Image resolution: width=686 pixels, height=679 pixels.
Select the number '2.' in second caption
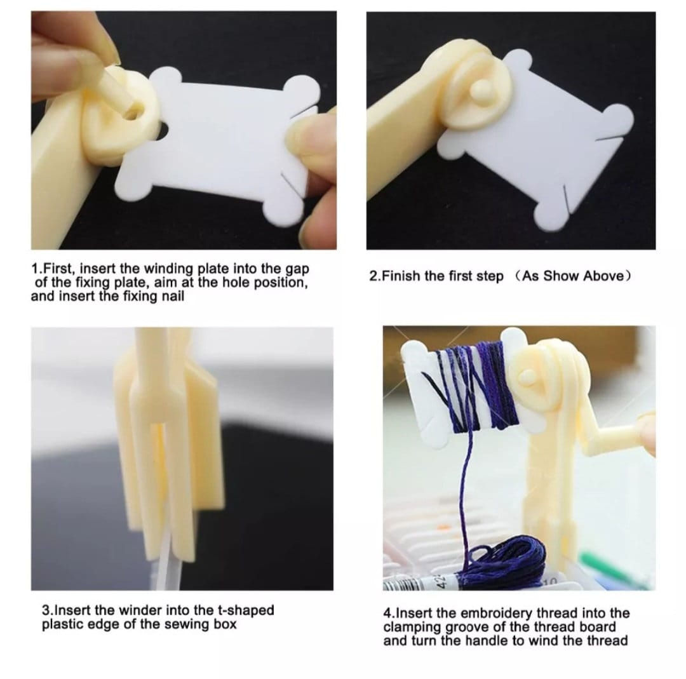tap(375, 277)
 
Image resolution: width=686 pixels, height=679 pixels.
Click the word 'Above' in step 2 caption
tap(602, 277)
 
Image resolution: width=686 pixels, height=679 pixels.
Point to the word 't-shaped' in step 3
tap(248, 610)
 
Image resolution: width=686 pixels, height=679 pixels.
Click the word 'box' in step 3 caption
tap(224, 624)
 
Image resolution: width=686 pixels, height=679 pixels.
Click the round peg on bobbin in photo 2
tap(478, 91)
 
